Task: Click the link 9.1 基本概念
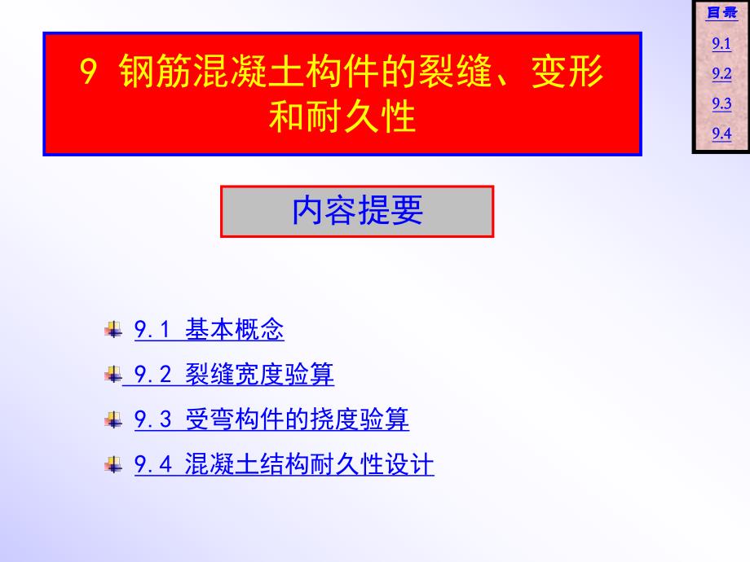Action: pyautogui.click(x=209, y=330)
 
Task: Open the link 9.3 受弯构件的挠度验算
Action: pyautogui.click(x=271, y=420)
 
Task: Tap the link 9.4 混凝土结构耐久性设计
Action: pyautogui.click(x=284, y=465)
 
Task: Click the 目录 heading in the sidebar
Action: pyautogui.click(x=721, y=13)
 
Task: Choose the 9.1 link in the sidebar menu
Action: pyautogui.click(x=721, y=45)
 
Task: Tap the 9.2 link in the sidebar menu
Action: pyautogui.click(x=721, y=74)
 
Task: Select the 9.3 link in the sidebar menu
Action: pyautogui.click(x=721, y=103)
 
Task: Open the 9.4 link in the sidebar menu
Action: pyautogui.click(x=721, y=134)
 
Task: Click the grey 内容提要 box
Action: pyautogui.click(x=357, y=211)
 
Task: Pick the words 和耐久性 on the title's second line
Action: pyautogui.click(x=342, y=118)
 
